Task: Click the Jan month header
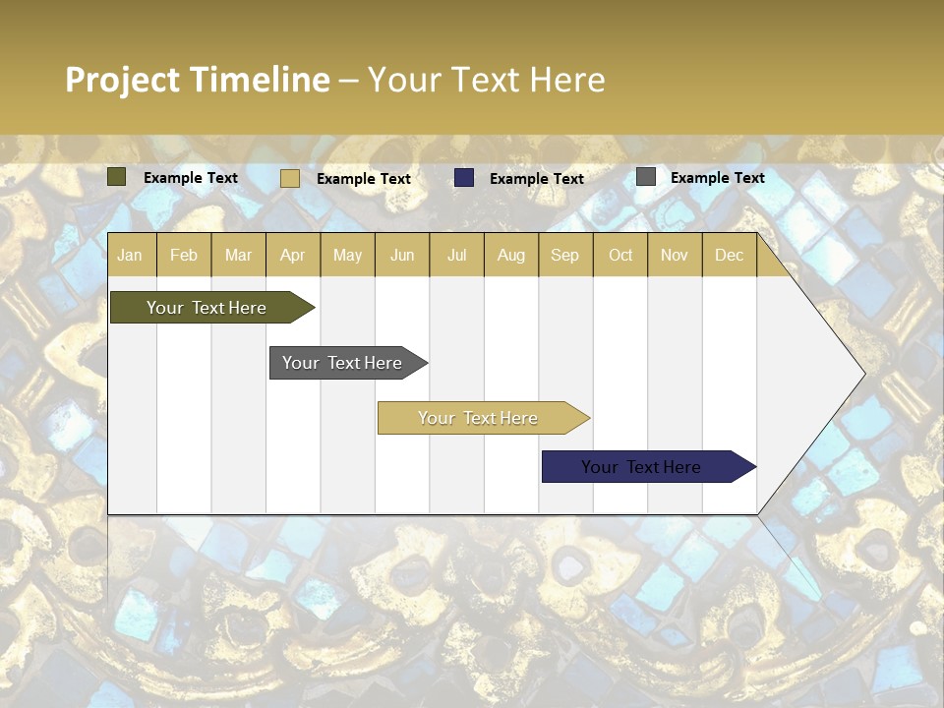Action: (130, 256)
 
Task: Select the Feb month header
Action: (184, 256)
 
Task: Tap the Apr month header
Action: (292, 256)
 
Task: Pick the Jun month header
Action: (401, 256)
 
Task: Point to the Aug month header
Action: (510, 256)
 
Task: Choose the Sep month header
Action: (564, 256)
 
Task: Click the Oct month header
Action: (619, 256)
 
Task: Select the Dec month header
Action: (729, 256)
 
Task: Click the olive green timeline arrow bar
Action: (206, 308)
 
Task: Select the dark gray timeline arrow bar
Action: (342, 363)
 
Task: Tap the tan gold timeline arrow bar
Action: (478, 418)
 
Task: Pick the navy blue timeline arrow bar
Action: (641, 467)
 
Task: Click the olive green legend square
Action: (116, 177)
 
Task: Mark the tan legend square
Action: (289, 178)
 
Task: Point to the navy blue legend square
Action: (464, 178)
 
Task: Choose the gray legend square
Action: (645, 177)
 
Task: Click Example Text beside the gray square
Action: (717, 178)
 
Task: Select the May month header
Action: (347, 256)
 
